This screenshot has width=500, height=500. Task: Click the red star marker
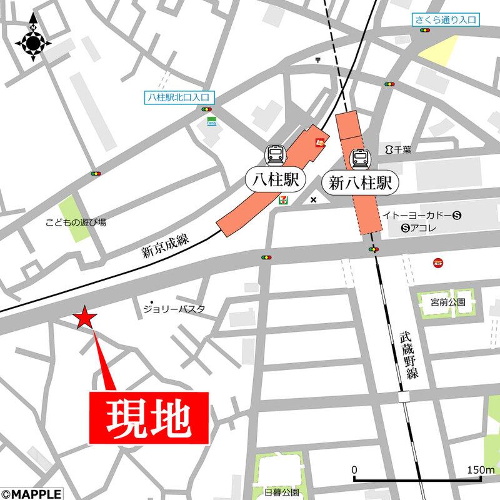85,318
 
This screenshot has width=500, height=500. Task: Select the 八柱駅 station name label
276,182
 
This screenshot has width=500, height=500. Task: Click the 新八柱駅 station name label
360,183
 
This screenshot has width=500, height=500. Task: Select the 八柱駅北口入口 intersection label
179,97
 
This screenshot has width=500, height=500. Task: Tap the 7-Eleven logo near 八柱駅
283,199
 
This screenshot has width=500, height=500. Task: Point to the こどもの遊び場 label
76,222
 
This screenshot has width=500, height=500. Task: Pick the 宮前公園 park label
448,302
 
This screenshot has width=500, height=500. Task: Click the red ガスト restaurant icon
438,263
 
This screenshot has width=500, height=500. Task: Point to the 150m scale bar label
480,469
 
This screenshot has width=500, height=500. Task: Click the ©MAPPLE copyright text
31,494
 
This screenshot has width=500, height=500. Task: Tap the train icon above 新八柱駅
360,159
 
